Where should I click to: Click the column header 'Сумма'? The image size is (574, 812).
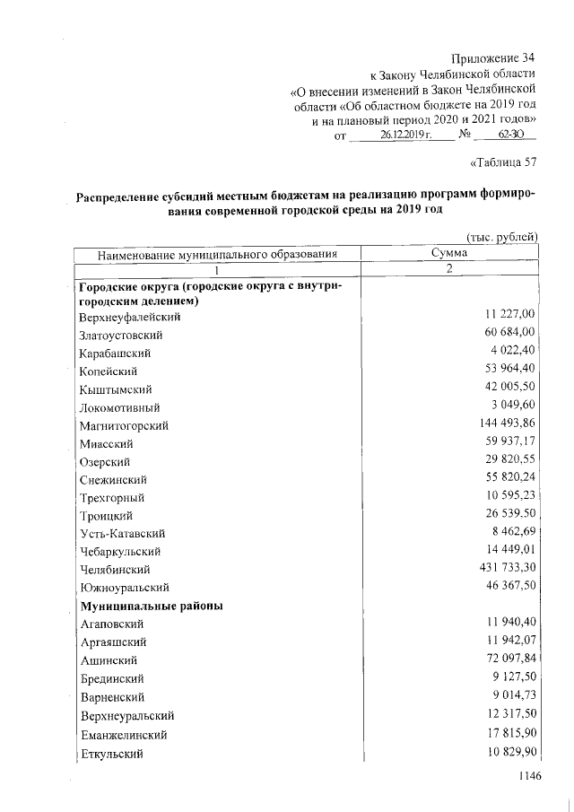(x=448, y=254)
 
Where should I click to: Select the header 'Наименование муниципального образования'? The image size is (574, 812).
(x=217, y=254)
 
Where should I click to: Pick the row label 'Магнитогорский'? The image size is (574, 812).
(x=123, y=425)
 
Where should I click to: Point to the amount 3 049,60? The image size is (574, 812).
(x=509, y=406)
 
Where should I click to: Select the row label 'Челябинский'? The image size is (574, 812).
(x=114, y=569)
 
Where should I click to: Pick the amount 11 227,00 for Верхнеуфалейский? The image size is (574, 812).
(x=506, y=316)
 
